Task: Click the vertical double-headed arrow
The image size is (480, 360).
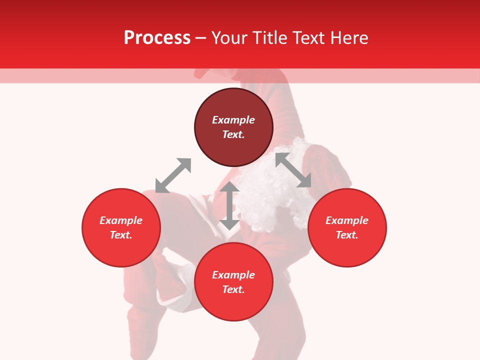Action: pyautogui.click(x=229, y=205)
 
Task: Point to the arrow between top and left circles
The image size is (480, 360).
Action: pyautogui.click(x=173, y=175)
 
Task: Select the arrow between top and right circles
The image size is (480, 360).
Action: pyautogui.click(x=293, y=170)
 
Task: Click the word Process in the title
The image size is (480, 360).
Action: pyautogui.click(x=157, y=38)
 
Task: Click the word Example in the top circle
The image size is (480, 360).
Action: pyautogui.click(x=233, y=120)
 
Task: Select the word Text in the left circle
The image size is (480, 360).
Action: pyautogui.click(x=121, y=235)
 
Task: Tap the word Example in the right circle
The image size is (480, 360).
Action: pyautogui.click(x=347, y=220)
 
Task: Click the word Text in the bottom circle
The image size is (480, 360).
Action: pyautogui.click(x=233, y=289)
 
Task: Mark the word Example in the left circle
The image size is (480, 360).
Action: pyautogui.click(x=121, y=220)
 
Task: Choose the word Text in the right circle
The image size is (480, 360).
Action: pyautogui.click(x=347, y=235)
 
